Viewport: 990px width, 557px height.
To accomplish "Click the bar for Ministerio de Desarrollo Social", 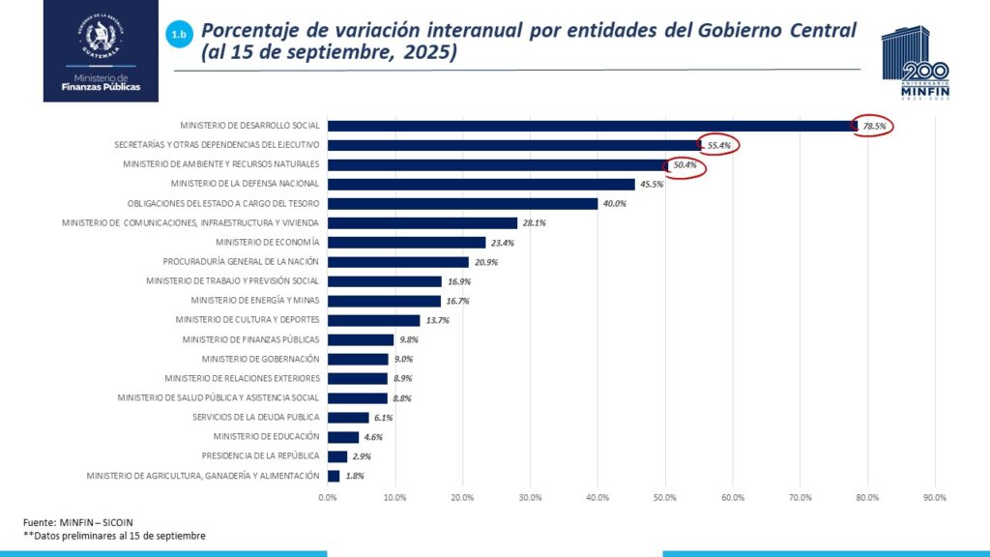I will point(590,126).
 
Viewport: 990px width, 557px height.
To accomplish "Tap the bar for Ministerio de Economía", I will point(406,242).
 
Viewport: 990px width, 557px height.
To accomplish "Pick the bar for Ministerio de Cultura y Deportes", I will point(373,320).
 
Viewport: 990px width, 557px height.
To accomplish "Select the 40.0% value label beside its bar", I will point(614,204).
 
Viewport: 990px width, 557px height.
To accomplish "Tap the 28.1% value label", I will point(534,223).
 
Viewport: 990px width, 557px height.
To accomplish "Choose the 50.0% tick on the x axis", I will point(665,498).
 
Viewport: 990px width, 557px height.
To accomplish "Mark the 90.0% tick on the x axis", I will point(935,498).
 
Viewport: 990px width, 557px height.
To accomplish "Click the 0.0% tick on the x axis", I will point(328,498).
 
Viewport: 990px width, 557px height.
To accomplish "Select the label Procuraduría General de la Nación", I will point(241,262).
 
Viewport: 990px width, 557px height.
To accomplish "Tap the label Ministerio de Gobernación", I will point(261,359).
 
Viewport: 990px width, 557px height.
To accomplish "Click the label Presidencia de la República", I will point(260,455).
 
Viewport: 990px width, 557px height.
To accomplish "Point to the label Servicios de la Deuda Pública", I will point(255,417).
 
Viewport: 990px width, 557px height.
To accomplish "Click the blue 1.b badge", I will point(179,35).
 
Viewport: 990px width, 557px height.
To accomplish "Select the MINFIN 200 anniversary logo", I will point(915,64).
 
